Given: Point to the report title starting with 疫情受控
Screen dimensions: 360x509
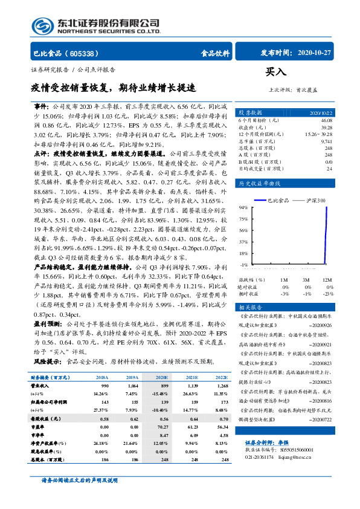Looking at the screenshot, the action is pyautogui.click(x=114, y=87).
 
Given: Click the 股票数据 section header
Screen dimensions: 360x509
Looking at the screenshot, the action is pyautogui.click(x=250, y=113).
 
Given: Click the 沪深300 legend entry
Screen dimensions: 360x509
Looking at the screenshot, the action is pyautogui.click(x=314, y=199).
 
